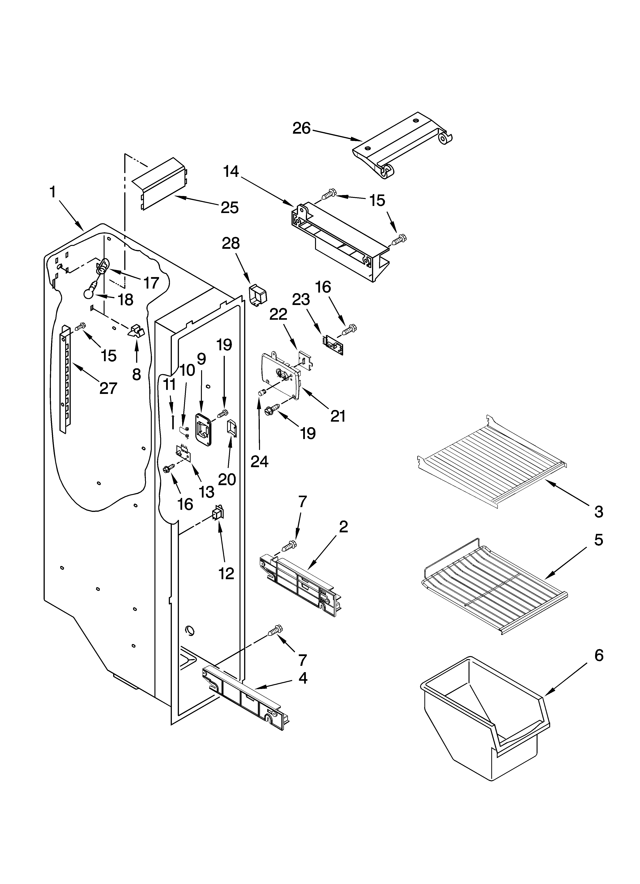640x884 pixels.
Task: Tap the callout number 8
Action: pos(136,374)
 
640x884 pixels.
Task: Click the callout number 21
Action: pos(338,416)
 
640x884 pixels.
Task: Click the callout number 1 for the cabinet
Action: pos(53,192)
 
